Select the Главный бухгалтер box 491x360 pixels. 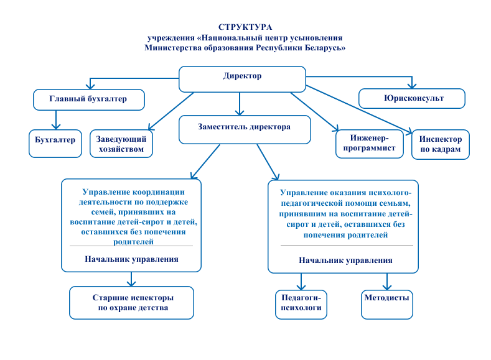point(88,99)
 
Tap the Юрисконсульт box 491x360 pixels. point(411,98)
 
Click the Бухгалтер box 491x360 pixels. point(55,140)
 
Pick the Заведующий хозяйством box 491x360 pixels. point(121,144)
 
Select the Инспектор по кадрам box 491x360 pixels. point(440,144)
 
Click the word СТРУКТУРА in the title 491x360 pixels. point(245,27)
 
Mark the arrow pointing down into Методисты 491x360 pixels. point(386,281)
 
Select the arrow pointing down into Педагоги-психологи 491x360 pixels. point(301,281)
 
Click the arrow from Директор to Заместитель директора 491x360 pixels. point(239,104)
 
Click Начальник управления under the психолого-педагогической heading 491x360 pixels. point(345,261)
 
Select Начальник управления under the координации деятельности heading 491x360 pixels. point(132,259)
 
